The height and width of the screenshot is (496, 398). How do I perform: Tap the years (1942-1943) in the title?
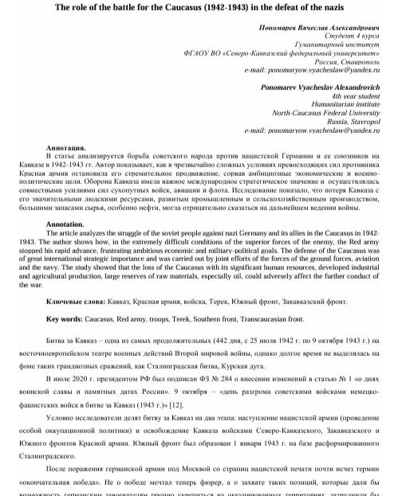[225, 6]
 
